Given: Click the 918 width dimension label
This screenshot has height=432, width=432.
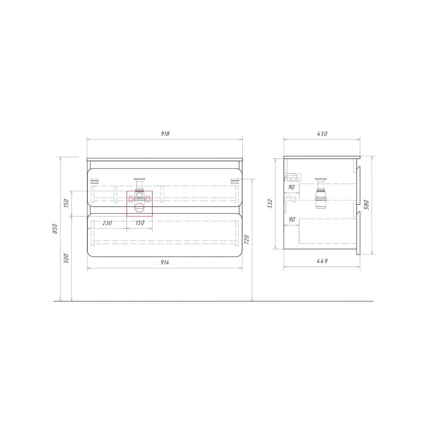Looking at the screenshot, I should click(165, 133).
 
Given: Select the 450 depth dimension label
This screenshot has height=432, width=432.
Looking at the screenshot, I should click(322, 133).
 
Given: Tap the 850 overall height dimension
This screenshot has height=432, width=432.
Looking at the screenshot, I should click(55, 229).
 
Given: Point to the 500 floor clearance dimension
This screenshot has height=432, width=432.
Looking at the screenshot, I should click(67, 258).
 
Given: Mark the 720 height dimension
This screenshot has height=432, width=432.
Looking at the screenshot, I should click(247, 240).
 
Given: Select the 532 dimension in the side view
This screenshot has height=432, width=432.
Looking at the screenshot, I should click(270, 203).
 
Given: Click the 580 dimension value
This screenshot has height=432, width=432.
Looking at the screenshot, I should click(367, 204).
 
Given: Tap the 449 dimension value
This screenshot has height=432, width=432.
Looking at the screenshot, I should click(322, 261).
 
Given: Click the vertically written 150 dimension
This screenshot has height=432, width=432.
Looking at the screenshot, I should click(67, 203).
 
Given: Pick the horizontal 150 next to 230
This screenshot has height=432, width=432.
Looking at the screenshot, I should click(140, 223).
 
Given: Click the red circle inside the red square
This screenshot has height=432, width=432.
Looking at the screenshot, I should click(140, 209).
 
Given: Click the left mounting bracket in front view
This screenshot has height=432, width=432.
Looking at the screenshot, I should click(94, 181).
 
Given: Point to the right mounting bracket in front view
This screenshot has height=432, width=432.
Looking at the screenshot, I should click(235, 181).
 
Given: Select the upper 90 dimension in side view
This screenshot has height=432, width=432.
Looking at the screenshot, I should click(292, 187).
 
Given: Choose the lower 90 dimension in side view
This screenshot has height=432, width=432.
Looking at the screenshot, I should click(292, 219).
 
